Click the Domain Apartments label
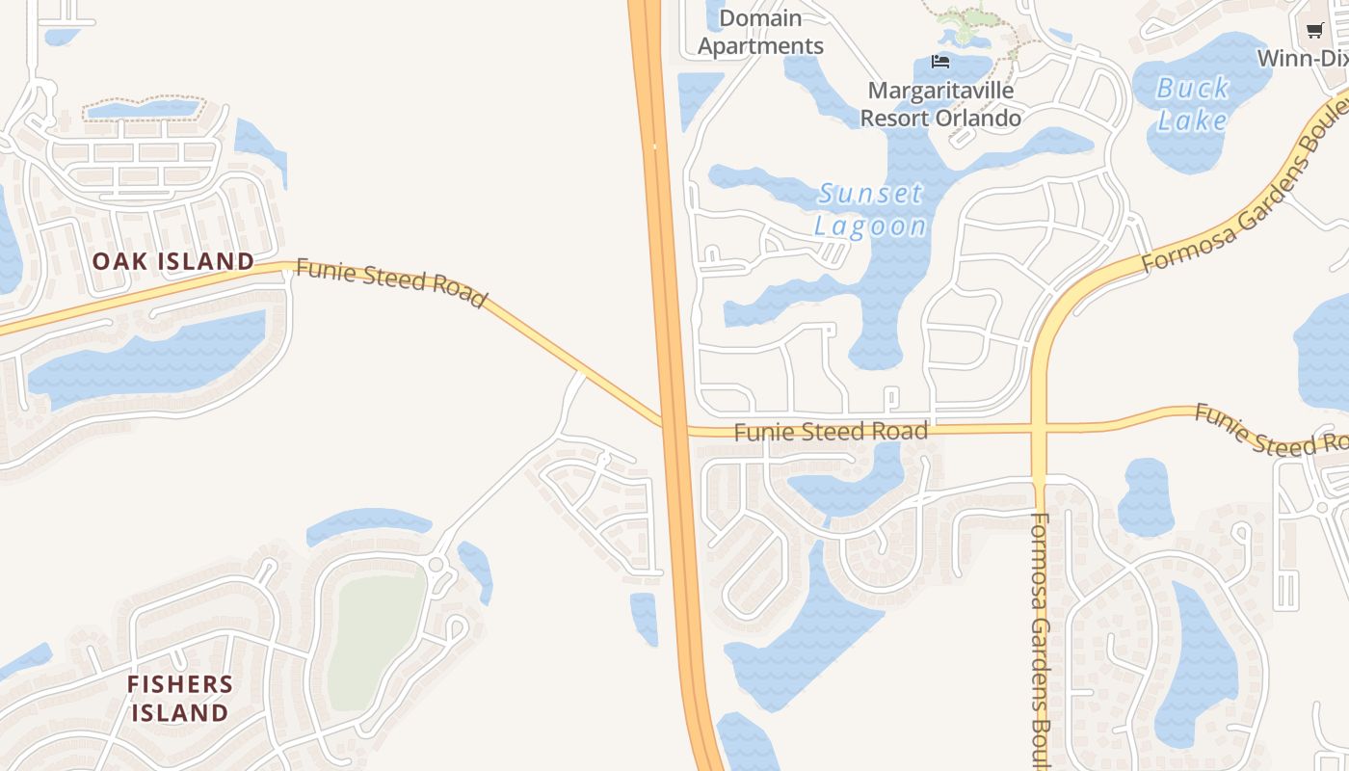(760, 32)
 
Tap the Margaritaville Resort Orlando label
(940, 104)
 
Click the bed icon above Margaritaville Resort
(940, 62)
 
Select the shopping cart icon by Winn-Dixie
(1314, 30)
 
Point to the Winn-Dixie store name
(1302, 58)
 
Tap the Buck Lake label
(1193, 104)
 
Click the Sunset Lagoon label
(870, 209)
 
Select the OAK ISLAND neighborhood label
(173, 261)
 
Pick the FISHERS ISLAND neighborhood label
(180, 699)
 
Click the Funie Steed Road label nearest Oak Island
(390, 281)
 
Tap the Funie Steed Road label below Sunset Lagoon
(831, 432)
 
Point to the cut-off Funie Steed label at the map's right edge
(1270, 430)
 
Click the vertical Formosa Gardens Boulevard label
(1039, 636)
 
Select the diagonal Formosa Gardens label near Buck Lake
(1243, 198)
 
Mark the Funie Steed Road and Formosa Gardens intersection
(1039, 426)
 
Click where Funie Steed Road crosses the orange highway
(673, 425)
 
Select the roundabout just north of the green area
(436, 564)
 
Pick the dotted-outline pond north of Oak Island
(145, 110)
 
